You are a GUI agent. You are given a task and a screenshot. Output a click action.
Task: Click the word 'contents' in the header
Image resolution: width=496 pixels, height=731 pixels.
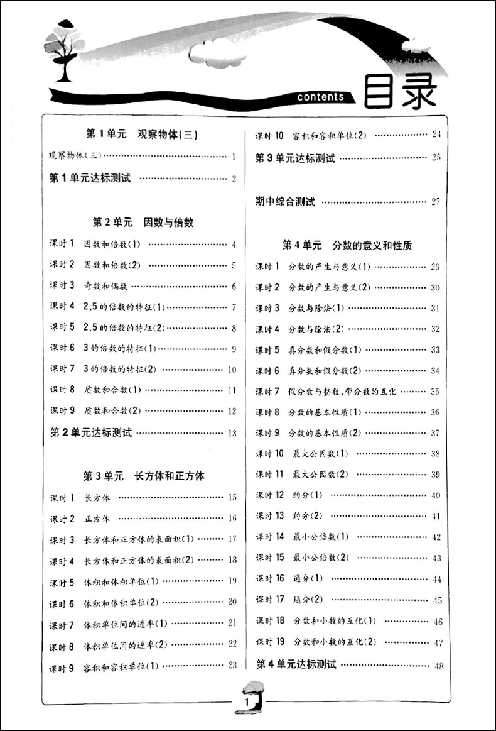click(x=321, y=97)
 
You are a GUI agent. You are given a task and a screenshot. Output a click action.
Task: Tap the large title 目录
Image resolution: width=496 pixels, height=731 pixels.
click(x=402, y=93)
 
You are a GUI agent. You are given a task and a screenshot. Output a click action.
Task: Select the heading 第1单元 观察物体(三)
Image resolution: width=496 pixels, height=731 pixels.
click(x=141, y=133)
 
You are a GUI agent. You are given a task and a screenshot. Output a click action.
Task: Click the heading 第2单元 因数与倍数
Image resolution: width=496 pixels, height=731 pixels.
click(x=143, y=222)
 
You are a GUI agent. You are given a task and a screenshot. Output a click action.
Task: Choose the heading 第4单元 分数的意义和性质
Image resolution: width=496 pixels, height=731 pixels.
click(x=347, y=245)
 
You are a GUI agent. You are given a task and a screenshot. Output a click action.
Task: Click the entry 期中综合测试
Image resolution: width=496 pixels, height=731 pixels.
click(x=285, y=202)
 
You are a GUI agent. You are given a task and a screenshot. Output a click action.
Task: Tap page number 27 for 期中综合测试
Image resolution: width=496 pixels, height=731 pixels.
click(x=436, y=202)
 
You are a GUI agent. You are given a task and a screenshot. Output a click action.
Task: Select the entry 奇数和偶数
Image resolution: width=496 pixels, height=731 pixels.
click(x=106, y=286)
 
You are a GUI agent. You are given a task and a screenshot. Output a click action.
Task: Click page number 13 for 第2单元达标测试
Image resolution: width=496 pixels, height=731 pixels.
click(x=232, y=433)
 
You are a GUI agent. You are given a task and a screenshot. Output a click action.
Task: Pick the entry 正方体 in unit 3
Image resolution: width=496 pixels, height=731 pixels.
click(x=97, y=519)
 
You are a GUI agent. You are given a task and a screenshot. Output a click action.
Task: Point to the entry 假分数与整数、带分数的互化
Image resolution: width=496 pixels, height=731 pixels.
click(x=342, y=392)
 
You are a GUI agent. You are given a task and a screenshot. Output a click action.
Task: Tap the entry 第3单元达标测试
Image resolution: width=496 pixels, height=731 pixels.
click(x=294, y=158)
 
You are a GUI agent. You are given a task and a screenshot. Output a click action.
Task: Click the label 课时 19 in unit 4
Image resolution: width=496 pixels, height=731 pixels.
click(x=270, y=642)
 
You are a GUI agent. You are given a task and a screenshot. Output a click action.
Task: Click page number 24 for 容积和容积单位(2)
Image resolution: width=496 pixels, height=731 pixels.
click(x=436, y=135)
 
